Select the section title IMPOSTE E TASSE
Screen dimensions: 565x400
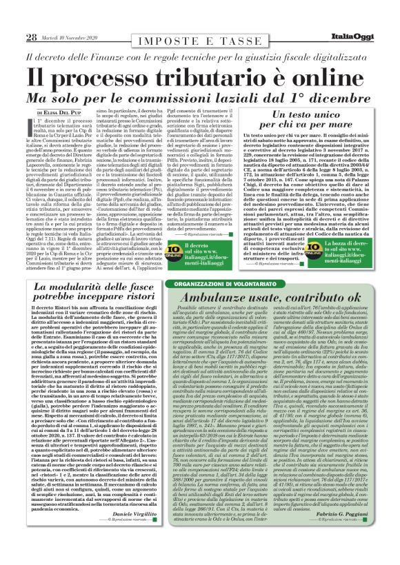tap(200, 19)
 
